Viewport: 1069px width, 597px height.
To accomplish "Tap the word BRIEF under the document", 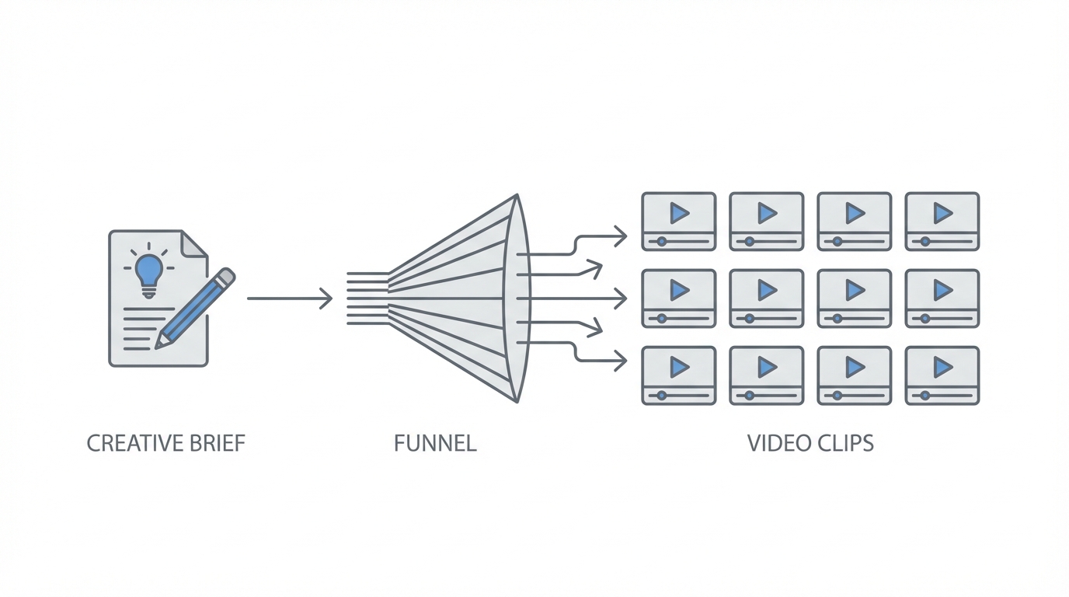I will pyautogui.click(x=217, y=444).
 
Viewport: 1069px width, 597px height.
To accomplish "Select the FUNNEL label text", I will pyautogui.click(x=434, y=444).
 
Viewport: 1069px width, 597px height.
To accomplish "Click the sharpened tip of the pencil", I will pyautogui.click(x=160, y=344).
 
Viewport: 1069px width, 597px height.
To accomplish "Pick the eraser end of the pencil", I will pyautogui.click(x=226, y=276).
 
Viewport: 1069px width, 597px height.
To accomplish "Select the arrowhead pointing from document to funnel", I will pyautogui.click(x=327, y=298).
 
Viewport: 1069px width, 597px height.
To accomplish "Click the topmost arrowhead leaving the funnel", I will pyautogui.click(x=620, y=236).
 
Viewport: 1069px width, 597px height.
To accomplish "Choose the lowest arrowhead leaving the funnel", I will pyautogui.click(x=620, y=360).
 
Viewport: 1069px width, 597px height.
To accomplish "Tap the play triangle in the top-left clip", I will pyautogui.click(x=680, y=212).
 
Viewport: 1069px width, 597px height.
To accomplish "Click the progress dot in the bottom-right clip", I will pyautogui.click(x=925, y=396).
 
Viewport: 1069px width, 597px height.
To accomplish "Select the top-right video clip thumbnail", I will pyautogui.click(x=942, y=222).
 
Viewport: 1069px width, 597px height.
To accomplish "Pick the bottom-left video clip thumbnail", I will pyautogui.click(x=678, y=375).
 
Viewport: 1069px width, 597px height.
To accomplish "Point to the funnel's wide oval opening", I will pyautogui.click(x=518, y=298).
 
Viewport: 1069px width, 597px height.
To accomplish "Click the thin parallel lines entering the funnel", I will pyautogui.click(x=367, y=298).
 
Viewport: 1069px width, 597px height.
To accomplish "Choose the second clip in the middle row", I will pyautogui.click(x=766, y=298).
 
